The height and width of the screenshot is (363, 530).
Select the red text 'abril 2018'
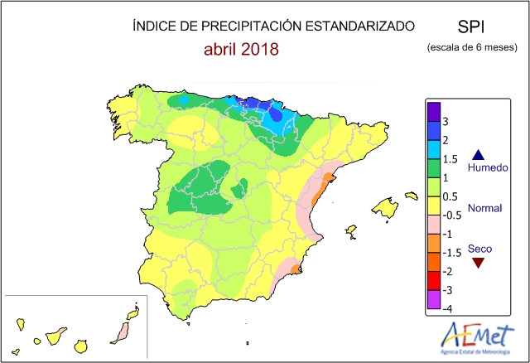241,49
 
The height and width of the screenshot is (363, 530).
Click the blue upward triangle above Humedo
478,154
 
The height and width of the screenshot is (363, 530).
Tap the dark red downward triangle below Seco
478,263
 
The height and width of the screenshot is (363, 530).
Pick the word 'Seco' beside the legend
478,248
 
